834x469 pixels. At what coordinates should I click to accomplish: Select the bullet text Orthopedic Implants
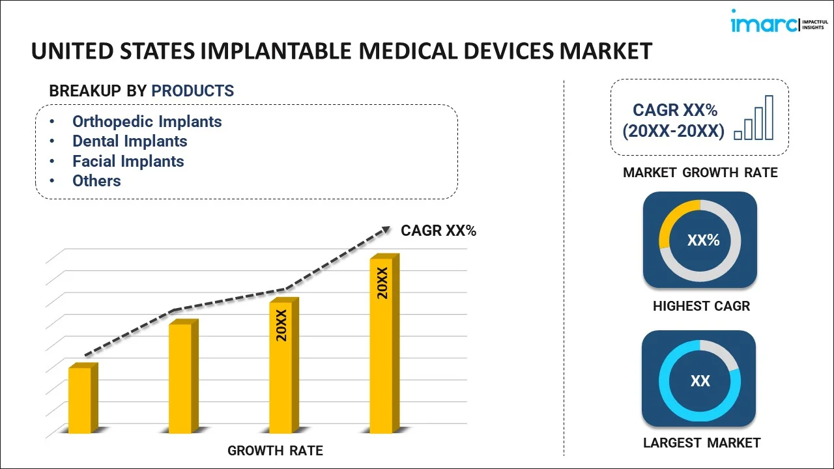click(147, 122)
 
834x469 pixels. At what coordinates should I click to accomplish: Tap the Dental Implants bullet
click(130, 141)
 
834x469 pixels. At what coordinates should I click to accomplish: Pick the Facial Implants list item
click(128, 162)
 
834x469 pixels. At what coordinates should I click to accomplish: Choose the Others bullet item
click(96, 181)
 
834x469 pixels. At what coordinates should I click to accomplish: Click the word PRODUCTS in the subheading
click(192, 91)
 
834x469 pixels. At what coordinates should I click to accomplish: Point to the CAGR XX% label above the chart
click(439, 231)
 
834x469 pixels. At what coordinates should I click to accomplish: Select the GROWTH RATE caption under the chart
click(275, 451)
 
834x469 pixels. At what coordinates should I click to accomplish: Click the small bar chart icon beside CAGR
click(754, 119)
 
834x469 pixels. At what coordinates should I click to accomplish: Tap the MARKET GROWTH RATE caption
click(700, 173)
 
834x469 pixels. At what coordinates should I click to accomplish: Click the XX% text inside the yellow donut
click(703, 240)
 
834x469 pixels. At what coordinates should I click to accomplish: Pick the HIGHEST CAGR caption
click(701, 306)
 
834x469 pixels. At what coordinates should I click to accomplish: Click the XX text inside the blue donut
click(700, 381)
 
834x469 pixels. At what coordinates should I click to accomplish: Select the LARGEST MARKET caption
click(701, 443)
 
